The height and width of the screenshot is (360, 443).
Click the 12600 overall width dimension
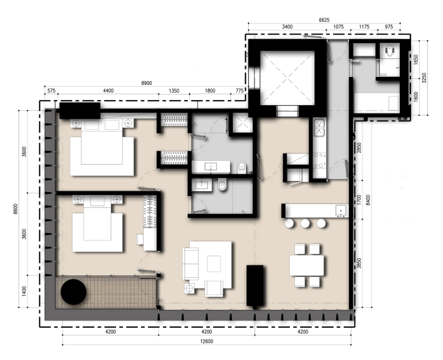(x=207, y=342)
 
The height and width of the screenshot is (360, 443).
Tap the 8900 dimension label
(x=146, y=83)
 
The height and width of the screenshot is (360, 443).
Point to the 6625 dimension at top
(x=324, y=20)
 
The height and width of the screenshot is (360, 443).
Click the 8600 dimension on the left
(x=16, y=209)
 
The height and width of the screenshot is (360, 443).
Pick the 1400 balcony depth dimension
(x=24, y=291)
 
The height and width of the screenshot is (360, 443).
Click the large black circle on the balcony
(x=73, y=292)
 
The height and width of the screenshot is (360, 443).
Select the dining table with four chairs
(x=307, y=265)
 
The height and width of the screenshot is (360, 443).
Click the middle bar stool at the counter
(x=305, y=223)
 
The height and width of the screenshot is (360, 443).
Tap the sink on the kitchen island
(x=341, y=211)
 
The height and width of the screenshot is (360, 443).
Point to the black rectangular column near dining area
(x=255, y=285)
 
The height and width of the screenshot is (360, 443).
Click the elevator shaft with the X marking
(x=287, y=77)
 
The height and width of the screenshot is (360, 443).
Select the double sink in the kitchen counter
(x=320, y=127)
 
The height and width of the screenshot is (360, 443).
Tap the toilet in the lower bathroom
(x=222, y=185)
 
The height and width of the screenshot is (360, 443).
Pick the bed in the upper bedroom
(x=102, y=148)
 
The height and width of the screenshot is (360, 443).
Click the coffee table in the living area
(x=214, y=264)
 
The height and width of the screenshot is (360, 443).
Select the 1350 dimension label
(x=174, y=90)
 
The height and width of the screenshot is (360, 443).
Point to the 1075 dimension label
(x=338, y=27)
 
